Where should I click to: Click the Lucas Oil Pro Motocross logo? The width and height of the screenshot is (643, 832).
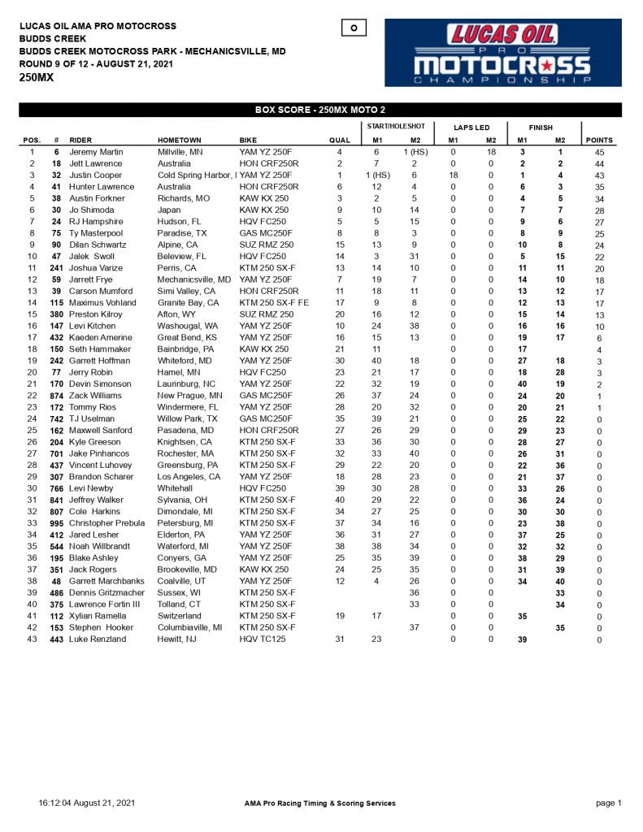(x=502, y=53)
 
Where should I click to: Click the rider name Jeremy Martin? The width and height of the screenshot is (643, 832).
(x=96, y=152)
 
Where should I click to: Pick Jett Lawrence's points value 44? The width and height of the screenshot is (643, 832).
(x=599, y=164)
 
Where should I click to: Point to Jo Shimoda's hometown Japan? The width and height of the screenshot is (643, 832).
(x=169, y=210)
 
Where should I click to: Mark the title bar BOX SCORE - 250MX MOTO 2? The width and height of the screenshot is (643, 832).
(x=320, y=110)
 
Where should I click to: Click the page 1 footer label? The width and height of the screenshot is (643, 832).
(x=608, y=803)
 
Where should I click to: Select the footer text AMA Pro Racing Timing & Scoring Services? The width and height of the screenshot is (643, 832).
(x=320, y=803)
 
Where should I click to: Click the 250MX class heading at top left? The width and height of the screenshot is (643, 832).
(x=37, y=78)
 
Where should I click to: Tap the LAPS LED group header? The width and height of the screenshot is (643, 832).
(x=471, y=128)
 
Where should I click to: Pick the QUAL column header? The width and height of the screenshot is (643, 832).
(x=340, y=141)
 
